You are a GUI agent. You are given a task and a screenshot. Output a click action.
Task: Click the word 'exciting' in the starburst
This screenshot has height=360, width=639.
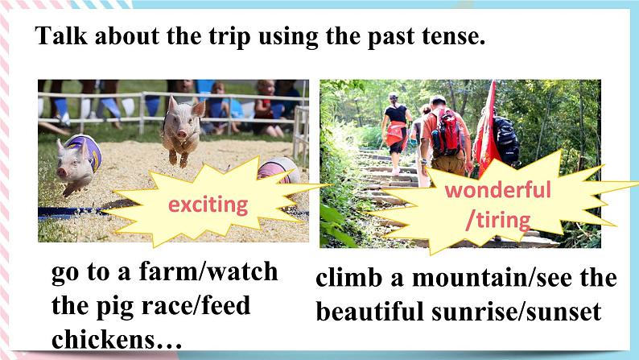pos(208,205)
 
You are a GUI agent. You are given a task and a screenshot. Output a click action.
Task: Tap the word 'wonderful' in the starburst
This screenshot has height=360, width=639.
pos(497,191)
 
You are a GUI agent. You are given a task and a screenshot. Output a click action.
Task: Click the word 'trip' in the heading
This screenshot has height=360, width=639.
pos(221,37)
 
